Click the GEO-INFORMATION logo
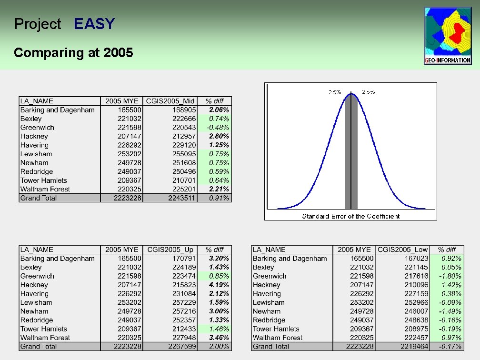pos(448,36)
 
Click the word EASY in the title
pos(94,24)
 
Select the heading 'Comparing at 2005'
pos(73,52)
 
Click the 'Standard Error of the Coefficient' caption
pos(351,216)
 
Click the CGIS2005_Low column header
pos(402,250)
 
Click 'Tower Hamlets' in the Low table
pos(276,329)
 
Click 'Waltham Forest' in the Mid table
pos(45,189)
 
